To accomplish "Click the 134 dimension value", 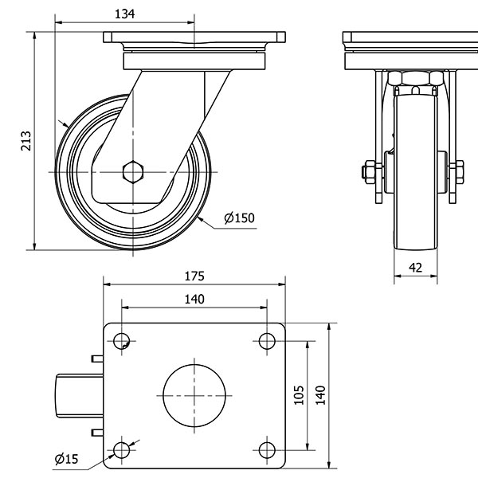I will [124, 14].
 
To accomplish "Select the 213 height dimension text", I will [26, 141].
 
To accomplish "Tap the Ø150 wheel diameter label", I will [239, 218].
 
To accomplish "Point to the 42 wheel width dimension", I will [415, 268].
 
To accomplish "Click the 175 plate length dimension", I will [194, 276].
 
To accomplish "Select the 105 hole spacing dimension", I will [299, 395].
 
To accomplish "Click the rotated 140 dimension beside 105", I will [320, 395].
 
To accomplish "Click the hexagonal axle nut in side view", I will [133, 172].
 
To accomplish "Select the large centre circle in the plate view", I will [194, 395].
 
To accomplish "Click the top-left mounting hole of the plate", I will [121, 341].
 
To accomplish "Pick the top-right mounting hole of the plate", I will [267, 341].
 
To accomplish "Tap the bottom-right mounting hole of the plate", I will [267, 450].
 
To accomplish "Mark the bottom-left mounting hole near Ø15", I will [121, 450].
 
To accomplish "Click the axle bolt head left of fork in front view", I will [369, 170].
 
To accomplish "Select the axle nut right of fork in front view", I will [457, 170].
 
